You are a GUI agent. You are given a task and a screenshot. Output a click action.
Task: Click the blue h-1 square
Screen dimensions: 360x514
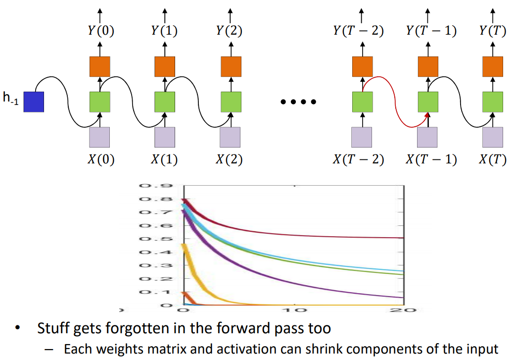point(34,102)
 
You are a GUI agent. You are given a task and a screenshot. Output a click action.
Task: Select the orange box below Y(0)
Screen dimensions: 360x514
point(100,66)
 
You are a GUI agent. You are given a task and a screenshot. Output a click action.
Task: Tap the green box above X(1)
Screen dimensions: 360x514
point(165,102)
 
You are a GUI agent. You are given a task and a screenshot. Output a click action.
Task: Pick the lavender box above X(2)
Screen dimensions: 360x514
point(230,137)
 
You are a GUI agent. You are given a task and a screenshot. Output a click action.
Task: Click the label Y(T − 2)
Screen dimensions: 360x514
point(359,31)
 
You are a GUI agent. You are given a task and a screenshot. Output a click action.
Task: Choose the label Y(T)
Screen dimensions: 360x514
point(492,31)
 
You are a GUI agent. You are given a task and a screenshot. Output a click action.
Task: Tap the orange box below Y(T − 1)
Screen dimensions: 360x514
point(428,66)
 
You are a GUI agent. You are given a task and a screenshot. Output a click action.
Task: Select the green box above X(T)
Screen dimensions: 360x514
point(493,102)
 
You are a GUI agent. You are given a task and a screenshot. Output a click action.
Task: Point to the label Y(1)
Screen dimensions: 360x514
point(165,31)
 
